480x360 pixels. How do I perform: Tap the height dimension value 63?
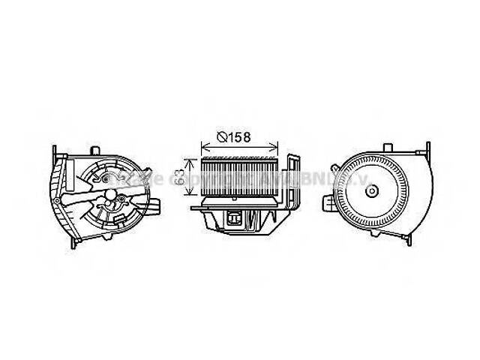click(181, 177)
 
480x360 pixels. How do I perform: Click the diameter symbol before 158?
click(223, 137)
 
